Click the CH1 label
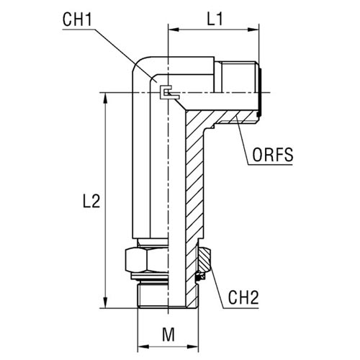click(x=77, y=19)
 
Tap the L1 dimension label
click(x=215, y=19)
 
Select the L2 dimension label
click(x=91, y=201)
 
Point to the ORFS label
click(x=273, y=155)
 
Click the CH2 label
click(x=243, y=297)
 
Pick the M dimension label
click(x=168, y=334)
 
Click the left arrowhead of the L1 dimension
click(x=174, y=30)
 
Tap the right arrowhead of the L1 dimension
click(x=253, y=30)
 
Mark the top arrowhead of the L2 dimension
click(x=105, y=98)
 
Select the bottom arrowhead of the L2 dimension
click(x=105, y=302)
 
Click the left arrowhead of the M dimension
click(x=143, y=347)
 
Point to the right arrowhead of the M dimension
click(x=193, y=347)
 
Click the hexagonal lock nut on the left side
click(x=146, y=261)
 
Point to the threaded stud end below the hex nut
click(x=153, y=295)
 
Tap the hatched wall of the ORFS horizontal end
click(x=236, y=117)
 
